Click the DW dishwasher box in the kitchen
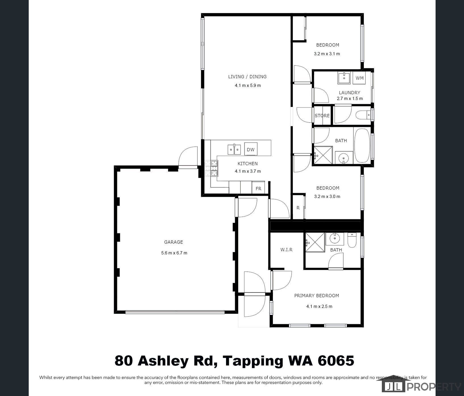pyautogui.click(x=250, y=149)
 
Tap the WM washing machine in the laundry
pyautogui.click(x=359, y=78)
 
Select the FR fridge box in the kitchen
pyautogui.click(x=258, y=188)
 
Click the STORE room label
pyautogui.click(x=322, y=115)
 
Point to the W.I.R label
pyautogui.click(x=286, y=249)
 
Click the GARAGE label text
pyautogui.click(x=173, y=242)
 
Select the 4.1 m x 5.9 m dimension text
pyautogui.click(x=248, y=85)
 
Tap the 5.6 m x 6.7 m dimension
pyautogui.click(x=174, y=253)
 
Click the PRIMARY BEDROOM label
pyautogui.click(x=316, y=296)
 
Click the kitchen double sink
pyautogui.click(x=234, y=149)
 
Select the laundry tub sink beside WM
pyautogui.click(x=344, y=78)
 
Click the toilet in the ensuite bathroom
pyautogui.click(x=352, y=240)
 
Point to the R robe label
pyautogui.click(x=298, y=208)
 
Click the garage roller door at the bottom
pyautogui.click(x=175, y=312)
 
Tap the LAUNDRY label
pyautogui.click(x=349, y=92)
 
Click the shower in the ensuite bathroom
pyautogui.click(x=315, y=242)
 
